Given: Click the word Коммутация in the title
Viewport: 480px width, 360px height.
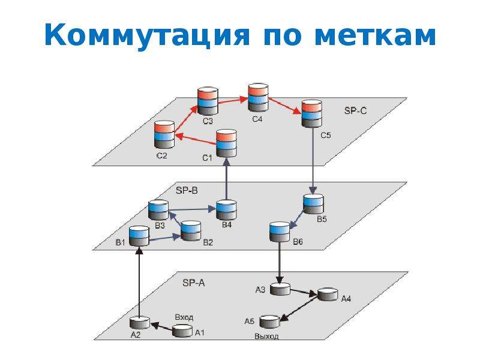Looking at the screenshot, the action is click(x=147, y=34).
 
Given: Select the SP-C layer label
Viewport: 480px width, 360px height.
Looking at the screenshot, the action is click(x=355, y=110).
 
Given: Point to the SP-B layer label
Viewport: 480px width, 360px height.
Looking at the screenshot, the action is click(x=187, y=190).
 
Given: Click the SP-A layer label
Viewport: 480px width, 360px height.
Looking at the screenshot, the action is click(x=193, y=283).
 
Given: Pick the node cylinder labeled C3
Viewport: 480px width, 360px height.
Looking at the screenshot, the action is click(x=208, y=101).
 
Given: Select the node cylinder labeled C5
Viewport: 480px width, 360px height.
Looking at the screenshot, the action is click(x=312, y=113).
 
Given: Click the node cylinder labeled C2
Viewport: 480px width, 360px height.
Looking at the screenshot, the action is click(x=164, y=134).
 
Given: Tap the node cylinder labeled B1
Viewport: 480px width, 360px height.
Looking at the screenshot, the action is click(x=139, y=236).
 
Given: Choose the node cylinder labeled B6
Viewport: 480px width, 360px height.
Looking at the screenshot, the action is click(x=280, y=232).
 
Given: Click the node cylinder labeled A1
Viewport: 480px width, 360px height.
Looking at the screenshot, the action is click(x=183, y=331).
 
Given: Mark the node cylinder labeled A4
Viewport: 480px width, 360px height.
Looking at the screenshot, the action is click(x=328, y=294).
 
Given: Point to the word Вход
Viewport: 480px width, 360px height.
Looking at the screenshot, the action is click(x=184, y=317).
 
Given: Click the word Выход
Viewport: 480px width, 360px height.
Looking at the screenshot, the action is click(x=266, y=337).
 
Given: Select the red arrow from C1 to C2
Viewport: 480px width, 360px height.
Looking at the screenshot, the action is click(x=196, y=139).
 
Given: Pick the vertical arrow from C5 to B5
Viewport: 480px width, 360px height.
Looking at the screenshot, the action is click(x=313, y=160).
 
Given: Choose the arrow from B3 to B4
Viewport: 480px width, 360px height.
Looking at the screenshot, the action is click(x=192, y=209).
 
